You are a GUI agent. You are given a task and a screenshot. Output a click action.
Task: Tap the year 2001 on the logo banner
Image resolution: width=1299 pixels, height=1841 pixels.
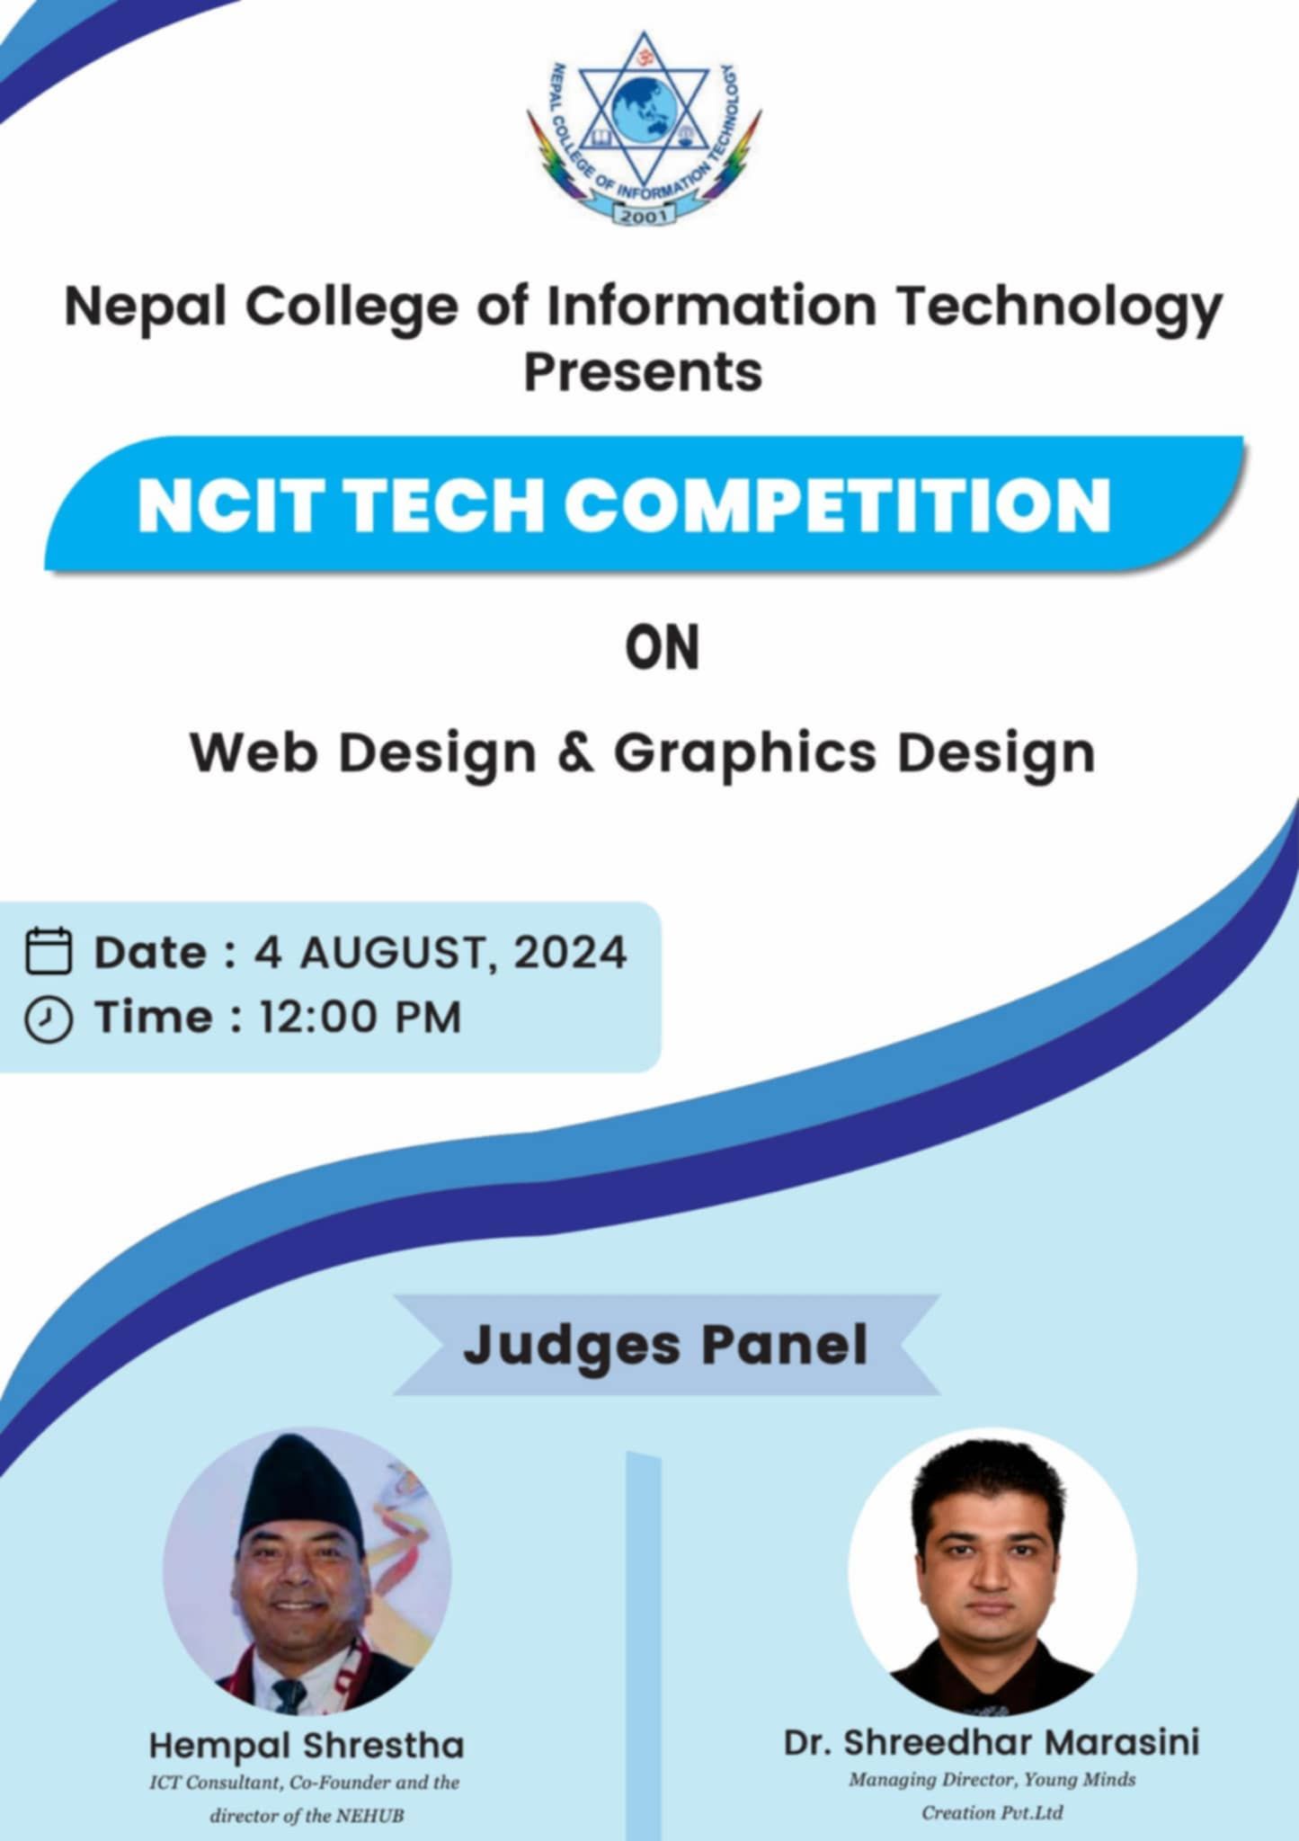pyautogui.click(x=643, y=215)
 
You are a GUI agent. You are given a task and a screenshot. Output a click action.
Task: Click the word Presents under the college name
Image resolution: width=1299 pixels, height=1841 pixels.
pyautogui.click(x=643, y=371)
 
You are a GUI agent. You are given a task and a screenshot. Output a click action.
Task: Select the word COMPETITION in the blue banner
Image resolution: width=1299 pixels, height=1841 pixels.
pyautogui.click(x=838, y=504)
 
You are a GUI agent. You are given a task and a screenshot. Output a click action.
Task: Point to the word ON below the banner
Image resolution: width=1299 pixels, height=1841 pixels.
pyautogui.click(x=662, y=649)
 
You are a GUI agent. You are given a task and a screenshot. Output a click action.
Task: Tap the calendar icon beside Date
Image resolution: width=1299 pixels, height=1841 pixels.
pyautogui.click(x=49, y=951)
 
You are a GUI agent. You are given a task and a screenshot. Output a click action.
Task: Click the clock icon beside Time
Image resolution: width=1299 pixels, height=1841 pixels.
pyautogui.click(x=49, y=1019)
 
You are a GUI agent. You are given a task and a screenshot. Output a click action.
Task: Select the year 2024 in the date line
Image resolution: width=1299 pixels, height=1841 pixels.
pyautogui.click(x=570, y=952)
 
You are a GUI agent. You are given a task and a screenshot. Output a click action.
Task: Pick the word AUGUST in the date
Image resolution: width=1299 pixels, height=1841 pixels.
pyautogui.click(x=396, y=952)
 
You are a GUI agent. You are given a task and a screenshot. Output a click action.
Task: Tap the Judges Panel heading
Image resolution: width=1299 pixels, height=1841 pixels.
pyautogui.click(x=665, y=1345)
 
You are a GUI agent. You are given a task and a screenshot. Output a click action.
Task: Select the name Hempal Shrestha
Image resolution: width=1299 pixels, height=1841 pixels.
pyautogui.click(x=307, y=1745)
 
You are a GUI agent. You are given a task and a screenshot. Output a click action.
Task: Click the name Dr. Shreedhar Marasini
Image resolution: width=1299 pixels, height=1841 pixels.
pyautogui.click(x=992, y=1741)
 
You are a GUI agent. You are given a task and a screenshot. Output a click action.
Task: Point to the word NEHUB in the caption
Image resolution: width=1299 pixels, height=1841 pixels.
pyautogui.click(x=369, y=1815)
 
